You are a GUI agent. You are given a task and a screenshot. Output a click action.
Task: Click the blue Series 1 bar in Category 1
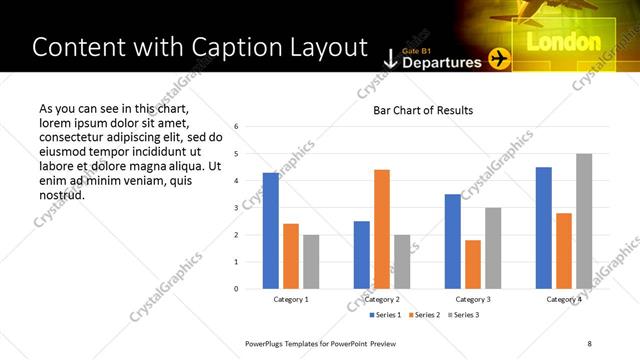click(271, 231)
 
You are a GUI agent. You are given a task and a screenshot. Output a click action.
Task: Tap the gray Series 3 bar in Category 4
click(584, 221)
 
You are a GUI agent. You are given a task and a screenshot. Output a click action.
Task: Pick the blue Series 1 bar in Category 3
click(453, 241)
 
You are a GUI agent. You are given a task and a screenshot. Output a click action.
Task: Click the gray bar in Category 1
click(311, 262)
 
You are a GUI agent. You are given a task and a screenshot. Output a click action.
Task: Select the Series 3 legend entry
click(464, 315)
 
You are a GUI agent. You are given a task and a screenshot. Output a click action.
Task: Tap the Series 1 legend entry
click(385, 315)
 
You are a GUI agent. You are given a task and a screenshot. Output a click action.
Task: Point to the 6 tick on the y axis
click(235, 127)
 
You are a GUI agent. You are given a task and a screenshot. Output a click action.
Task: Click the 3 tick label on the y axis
click(235, 208)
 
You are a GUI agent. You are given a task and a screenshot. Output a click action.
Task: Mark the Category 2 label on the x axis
click(382, 300)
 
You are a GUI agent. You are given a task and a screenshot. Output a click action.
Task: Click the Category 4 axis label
click(564, 300)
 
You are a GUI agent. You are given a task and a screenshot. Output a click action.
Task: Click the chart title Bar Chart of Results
click(423, 110)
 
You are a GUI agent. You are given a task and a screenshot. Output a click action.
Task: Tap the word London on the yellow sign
click(562, 43)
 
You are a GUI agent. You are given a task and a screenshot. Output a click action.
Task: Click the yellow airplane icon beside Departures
click(499, 60)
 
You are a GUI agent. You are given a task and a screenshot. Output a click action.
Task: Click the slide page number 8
click(590, 343)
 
